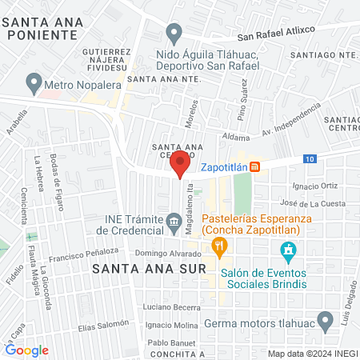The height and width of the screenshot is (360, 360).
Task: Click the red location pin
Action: (181, 164)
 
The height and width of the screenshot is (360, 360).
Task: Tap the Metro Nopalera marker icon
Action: (34, 82)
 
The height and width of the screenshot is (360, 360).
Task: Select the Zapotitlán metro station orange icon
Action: (254, 166)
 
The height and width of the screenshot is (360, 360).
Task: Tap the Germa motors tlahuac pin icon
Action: (325, 322)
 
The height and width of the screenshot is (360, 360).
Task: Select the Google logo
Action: (26, 350)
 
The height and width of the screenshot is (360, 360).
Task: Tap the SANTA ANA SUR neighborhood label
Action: (150, 269)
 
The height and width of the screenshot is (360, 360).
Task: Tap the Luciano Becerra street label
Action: (170, 307)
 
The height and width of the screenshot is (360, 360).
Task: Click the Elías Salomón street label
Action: (104, 326)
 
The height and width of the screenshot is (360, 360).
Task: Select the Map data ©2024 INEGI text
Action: (312, 354)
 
